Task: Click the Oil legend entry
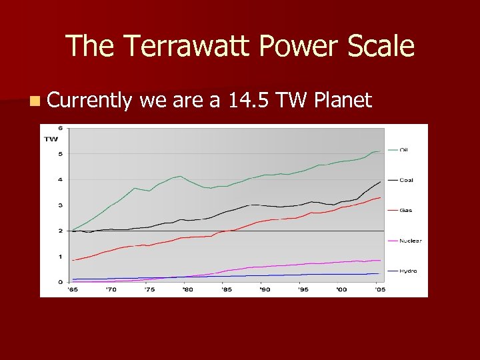click(x=403, y=150)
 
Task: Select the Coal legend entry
click(x=405, y=180)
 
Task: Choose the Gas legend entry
click(x=405, y=211)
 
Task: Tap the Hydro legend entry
click(x=407, y=271)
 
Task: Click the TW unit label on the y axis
click(x=51, y=139)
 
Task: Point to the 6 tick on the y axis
click(x=61, y=128)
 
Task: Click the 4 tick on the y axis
click(x=61, y=179)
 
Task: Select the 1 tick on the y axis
click(x=61, y=257)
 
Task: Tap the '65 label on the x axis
click(x=72, y=289)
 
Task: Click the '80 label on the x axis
click(x=188, y=289)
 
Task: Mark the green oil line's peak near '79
click(x=180, y=176)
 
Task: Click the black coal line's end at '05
click(x=380, y=181)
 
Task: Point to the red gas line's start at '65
click(x=73, y=260)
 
